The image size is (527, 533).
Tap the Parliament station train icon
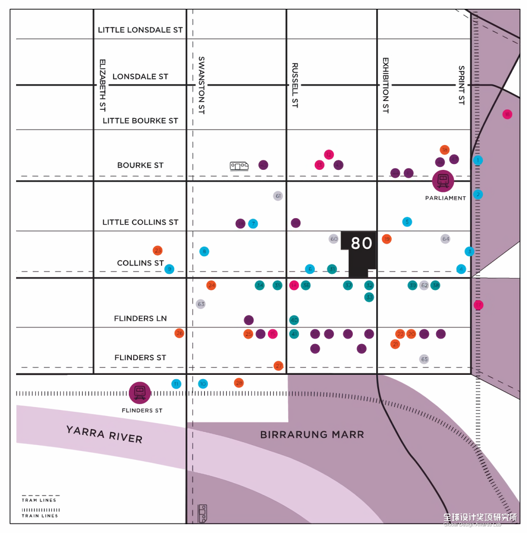[443, 181]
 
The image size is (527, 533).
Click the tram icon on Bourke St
[239, 166]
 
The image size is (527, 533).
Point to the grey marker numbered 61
[278, 196]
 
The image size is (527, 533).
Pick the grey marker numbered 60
[334, 239]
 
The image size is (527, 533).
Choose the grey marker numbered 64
[446, 239]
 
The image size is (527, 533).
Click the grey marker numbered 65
[424, 359]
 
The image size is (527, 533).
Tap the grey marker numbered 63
[201, 304]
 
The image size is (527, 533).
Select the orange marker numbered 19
[386, 239]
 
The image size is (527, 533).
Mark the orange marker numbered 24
[211, 285]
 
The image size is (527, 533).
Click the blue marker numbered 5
[407, 222]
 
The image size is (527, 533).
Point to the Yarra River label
[104, 434]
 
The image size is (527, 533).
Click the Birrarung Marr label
[312, 434]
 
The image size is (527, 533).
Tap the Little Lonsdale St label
[141, 30]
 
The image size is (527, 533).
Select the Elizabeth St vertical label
[102, 85]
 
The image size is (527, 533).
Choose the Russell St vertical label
[295, 85]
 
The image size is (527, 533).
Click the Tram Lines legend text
[39, 500]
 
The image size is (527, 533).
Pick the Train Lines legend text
[40, 516]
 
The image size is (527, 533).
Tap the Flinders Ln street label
[141, 318]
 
